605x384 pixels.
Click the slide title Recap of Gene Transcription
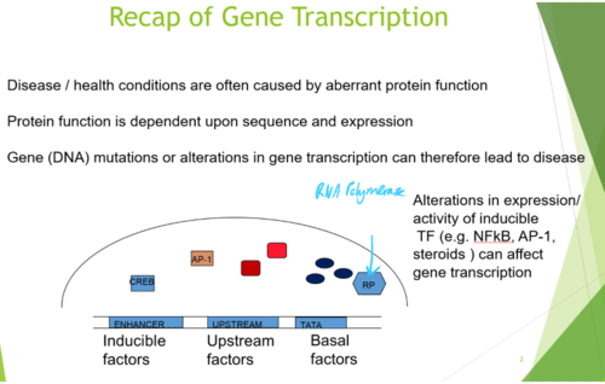click(279, 17)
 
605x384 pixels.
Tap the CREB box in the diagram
click(142, 283)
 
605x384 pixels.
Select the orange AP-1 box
click(202, 259)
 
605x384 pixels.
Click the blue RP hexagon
click(369, 284)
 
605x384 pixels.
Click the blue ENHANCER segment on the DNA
click(146, 323)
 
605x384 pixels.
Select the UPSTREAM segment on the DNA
click(243, 323)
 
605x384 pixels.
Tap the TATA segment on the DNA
click(321, 323)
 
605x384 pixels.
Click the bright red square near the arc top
click(277, 251)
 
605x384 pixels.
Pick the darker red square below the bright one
click(250, 268)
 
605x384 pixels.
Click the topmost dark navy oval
click(324, 263)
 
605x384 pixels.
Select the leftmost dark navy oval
click(315, 278)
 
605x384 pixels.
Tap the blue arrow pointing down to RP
click(372, 256)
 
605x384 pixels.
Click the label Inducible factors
click(134, 350)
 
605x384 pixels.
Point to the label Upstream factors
click(240, 350)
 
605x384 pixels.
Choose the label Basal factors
click(334, 350)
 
